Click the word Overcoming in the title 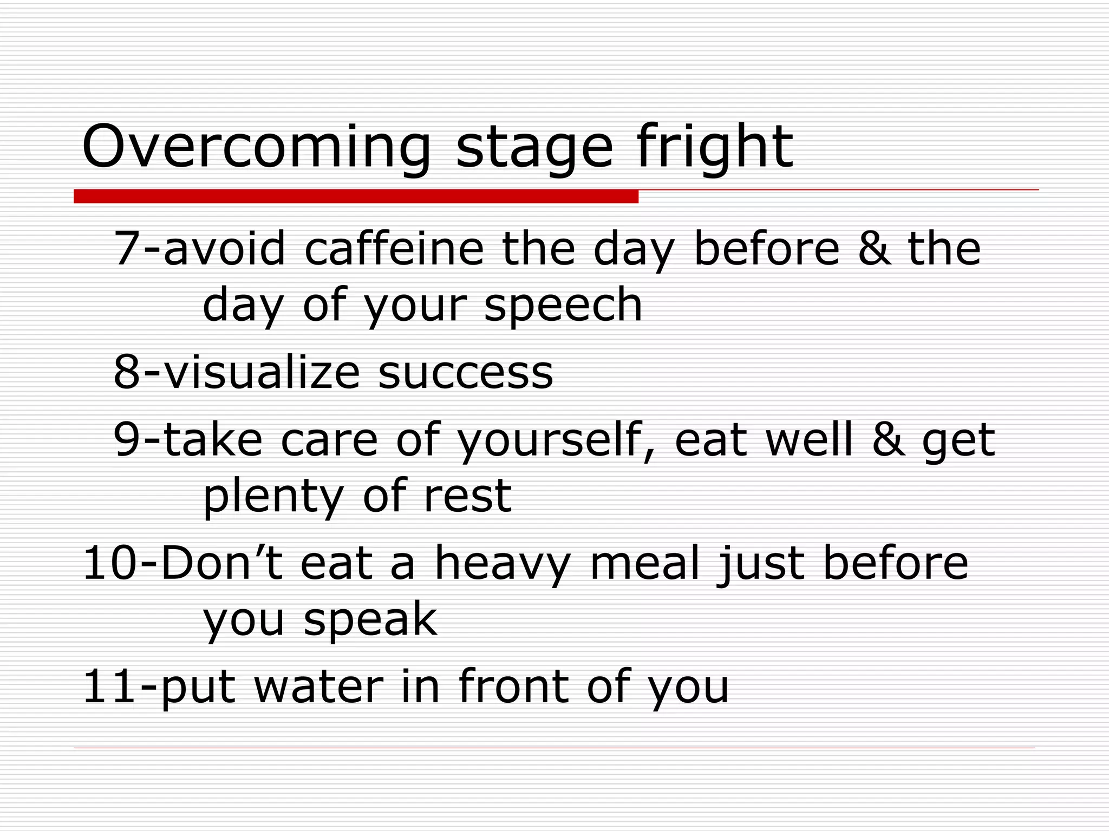(x=256, y=147)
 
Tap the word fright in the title (x=715, y=147)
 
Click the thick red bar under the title (x=356, y=196)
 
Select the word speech (x=563, y=306)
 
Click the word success (x=466, y=373)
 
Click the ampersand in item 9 (x=888, y=440)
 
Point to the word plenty (x=273, y=497)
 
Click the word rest (x=467, y=497)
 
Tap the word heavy (x=503, y=564)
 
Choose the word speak (x=370, y=620)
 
